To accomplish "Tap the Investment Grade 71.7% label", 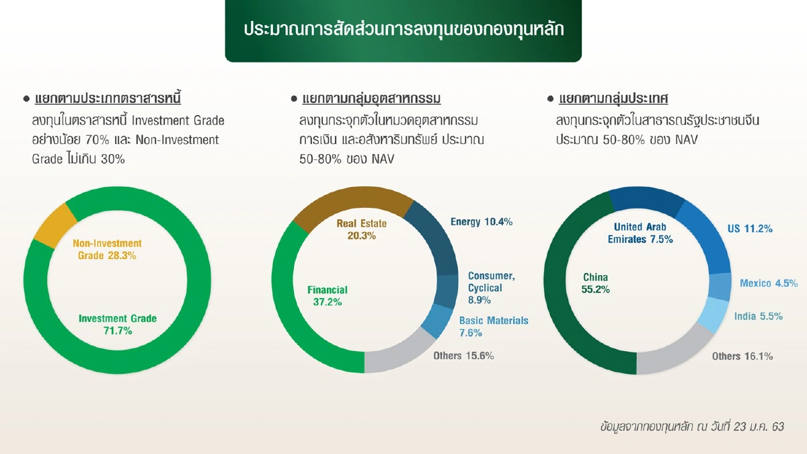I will [x=117, y=324].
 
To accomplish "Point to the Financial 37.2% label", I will [x=328, y=296].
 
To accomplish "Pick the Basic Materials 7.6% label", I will [x=493, y=326].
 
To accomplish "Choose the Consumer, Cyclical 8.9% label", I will [x=491, y=288].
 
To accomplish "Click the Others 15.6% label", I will [x=463, y=356].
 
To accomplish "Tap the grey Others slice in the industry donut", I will [x=397, y=359].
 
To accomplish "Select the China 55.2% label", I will [x=595, y=283].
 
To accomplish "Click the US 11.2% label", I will [x=749, y=229].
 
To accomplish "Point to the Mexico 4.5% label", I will [x=769, y=283].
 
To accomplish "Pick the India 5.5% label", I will [x=758, y=316].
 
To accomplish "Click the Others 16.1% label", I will [x=742, y=356].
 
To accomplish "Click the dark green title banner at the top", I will [x=403, y=31].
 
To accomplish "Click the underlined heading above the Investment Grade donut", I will [x=108, y=99].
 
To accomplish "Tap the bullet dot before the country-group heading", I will [x=550, y=100].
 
